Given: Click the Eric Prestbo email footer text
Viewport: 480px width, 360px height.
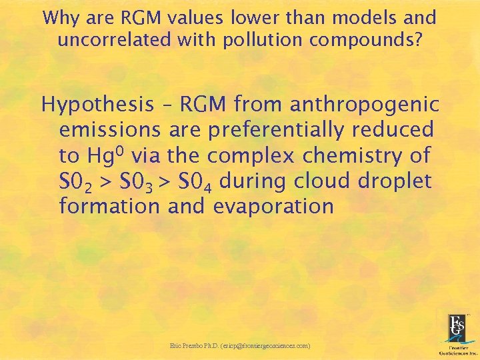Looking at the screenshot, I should point(240,346).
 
